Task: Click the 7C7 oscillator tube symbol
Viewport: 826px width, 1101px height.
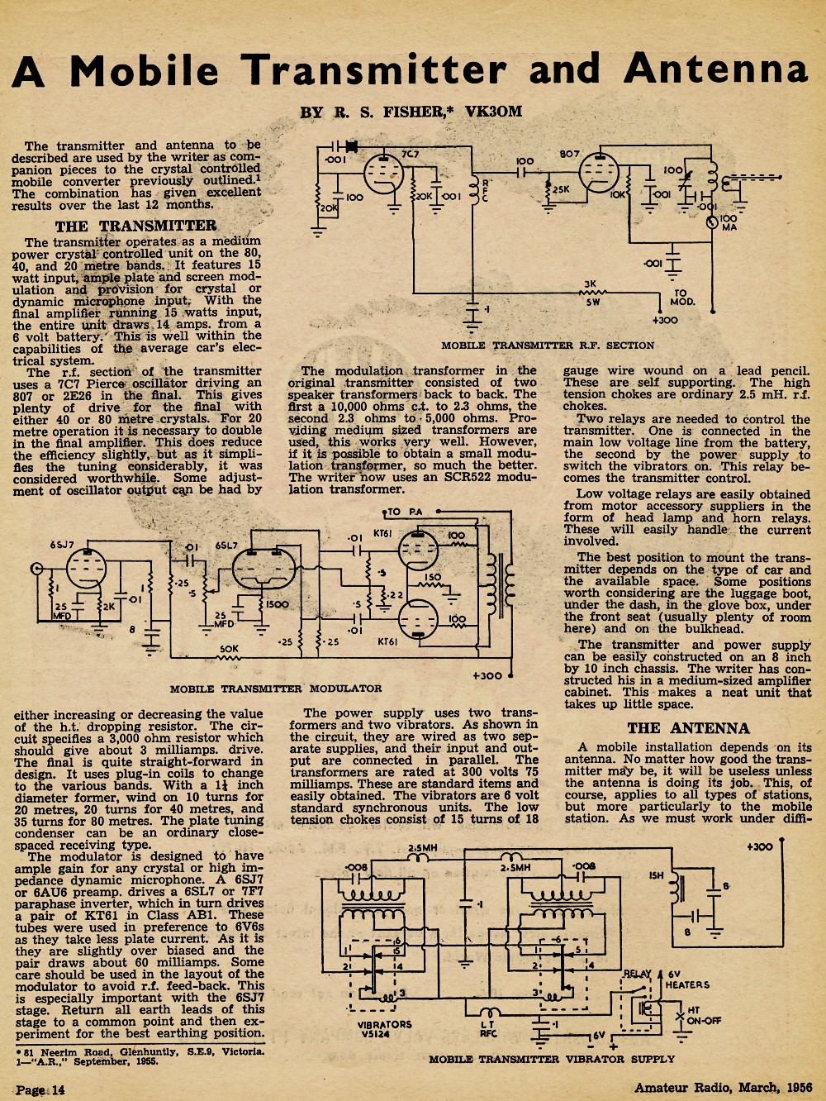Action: coord(383,174)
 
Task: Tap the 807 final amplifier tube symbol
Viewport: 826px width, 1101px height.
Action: coord(600,172)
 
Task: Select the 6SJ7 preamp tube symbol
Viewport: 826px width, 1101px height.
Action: coord(87,569)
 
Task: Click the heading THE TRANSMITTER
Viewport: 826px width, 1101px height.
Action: coord(135,226)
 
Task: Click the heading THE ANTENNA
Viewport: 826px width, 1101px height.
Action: coord(688,728)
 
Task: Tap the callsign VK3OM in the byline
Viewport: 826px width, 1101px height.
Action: coord(494,112)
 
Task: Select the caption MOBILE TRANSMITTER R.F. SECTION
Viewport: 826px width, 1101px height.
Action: coord(548,346)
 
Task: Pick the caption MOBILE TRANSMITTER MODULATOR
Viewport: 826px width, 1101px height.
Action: coord(276,689)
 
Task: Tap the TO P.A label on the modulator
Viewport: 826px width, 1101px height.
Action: coord(405,512)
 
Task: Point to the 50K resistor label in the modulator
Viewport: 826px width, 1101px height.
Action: coord(229,649)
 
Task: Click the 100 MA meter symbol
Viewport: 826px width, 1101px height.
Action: coord(712,222)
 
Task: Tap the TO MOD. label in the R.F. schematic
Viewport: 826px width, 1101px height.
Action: coord(682,298)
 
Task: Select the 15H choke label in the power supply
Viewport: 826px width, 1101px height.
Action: coord(656,875)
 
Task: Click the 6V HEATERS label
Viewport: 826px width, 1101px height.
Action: coord(687,979)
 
